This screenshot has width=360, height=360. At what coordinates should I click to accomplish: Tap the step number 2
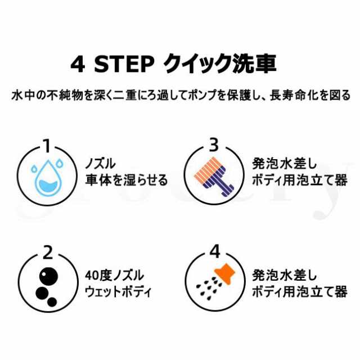pyautogui.click(x=47, y=249)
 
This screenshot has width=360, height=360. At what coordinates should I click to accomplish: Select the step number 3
pyautogui.click(x=213, y=145)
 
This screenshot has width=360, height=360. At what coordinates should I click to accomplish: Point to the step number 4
pyautogui.click(x=213, y=249)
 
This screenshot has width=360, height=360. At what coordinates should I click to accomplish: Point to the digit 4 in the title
pyautogui.click(x=77, y=64)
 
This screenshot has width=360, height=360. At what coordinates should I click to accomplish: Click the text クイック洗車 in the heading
pyautogui.click(x=220, y=64)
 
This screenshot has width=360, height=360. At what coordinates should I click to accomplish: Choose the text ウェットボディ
pyautogui.click(x=118, y=292)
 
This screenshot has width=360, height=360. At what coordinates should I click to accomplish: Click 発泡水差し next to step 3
pyautogui.click(x=285, y=164)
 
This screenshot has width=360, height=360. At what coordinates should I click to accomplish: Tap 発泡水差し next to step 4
pyautogui.click(x=285, y=276)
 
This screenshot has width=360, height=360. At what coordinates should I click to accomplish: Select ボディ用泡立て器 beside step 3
pyautogui.click(x=300, y=180)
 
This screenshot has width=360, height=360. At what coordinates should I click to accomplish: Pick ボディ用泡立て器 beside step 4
pyautogui.click(x=300, y=292)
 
